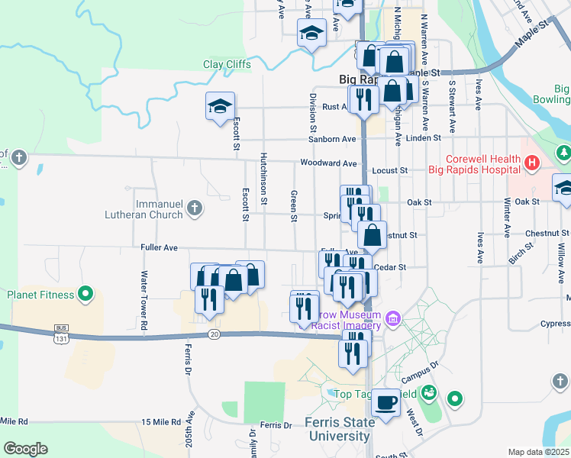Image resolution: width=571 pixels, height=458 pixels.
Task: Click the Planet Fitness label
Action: (x=40, y=295)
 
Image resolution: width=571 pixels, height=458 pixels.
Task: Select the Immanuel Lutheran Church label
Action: (x=144, y=209)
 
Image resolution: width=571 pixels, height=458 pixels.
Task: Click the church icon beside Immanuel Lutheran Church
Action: (x=195, y=208)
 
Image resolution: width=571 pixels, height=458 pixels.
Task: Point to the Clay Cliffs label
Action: (x=227, y=65)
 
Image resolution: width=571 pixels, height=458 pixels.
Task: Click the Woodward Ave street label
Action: (x=328, y=163)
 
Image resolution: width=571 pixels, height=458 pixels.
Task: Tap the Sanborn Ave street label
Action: (x=332, y=139)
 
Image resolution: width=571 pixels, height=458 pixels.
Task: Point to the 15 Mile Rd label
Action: (x=160, y=422)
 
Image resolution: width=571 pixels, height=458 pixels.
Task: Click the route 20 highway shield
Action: (x=215, y=334)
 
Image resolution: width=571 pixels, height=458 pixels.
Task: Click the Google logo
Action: (x=25, y=449)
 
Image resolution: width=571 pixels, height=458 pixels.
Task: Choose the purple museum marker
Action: (x=393, y=317)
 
